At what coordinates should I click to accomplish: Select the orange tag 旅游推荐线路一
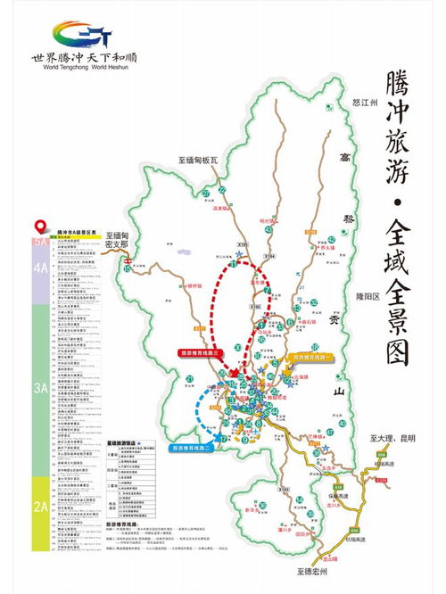point(309,356)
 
